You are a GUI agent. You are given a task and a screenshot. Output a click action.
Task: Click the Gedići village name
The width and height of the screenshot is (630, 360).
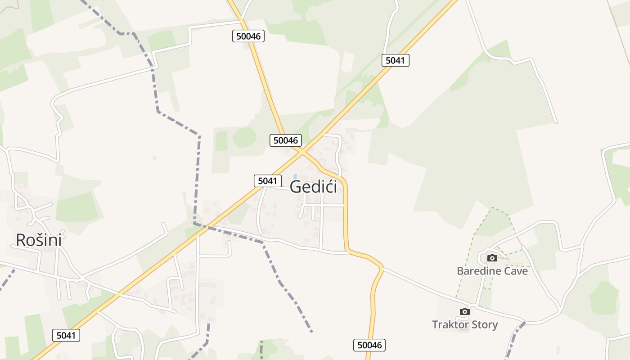click(x=314, y=186)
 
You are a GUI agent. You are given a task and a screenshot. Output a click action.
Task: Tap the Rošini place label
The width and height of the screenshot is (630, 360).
click(x=39, y=240)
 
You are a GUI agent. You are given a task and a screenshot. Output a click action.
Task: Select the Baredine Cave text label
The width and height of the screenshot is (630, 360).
click(x=492, y=271)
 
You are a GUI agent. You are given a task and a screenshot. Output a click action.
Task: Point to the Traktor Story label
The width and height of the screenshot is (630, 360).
click(x=465, y=324)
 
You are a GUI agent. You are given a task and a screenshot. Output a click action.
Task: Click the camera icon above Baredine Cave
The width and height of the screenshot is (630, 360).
click(x=492, y=258)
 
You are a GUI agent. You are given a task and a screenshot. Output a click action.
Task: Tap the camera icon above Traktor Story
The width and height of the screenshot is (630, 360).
click(x=465, y=311)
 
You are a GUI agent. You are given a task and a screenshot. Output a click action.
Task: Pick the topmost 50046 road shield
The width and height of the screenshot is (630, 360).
click(x=248, y=36)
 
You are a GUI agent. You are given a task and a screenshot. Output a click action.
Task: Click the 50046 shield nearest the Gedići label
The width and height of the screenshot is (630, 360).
click(x=286, y=140)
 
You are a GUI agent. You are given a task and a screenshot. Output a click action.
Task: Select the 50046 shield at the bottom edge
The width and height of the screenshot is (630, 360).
click(x=369, y=345)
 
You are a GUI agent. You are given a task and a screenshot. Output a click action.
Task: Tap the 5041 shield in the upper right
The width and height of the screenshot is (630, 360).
click(x=396, y=60)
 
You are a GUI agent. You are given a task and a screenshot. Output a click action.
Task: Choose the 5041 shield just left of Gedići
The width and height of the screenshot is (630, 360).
click(x=267, y=181)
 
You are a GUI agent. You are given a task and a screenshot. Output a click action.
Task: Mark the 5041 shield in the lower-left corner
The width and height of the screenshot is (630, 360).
click(x=66, y=335)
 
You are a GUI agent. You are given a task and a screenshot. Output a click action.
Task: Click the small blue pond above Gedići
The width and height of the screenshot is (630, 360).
click(x=295, y=175)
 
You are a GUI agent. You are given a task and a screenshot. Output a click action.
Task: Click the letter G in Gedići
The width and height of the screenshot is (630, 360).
click(x=296, y=186)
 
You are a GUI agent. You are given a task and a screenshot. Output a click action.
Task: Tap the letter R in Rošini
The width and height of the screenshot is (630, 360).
click(x=21, y=240)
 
